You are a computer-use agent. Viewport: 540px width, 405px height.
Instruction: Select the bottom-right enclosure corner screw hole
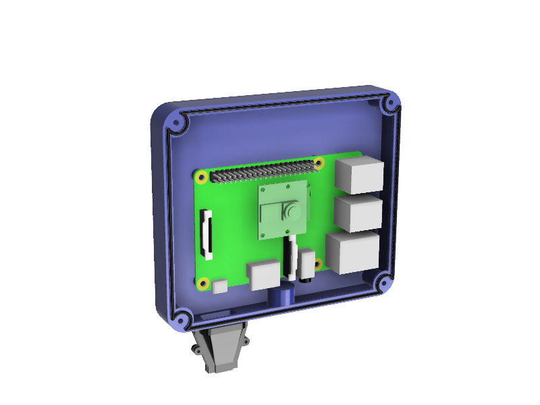pos(383,283)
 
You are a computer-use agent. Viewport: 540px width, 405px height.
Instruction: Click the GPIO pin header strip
pos(263,172)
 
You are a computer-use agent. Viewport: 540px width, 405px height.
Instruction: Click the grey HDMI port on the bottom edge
pos(263,275)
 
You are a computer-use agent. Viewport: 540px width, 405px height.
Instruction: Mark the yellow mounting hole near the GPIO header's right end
pos(319,163)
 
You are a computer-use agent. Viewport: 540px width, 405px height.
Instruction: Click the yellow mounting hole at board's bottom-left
pos(202,283)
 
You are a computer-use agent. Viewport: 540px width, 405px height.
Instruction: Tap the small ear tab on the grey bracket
pos(194,350)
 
